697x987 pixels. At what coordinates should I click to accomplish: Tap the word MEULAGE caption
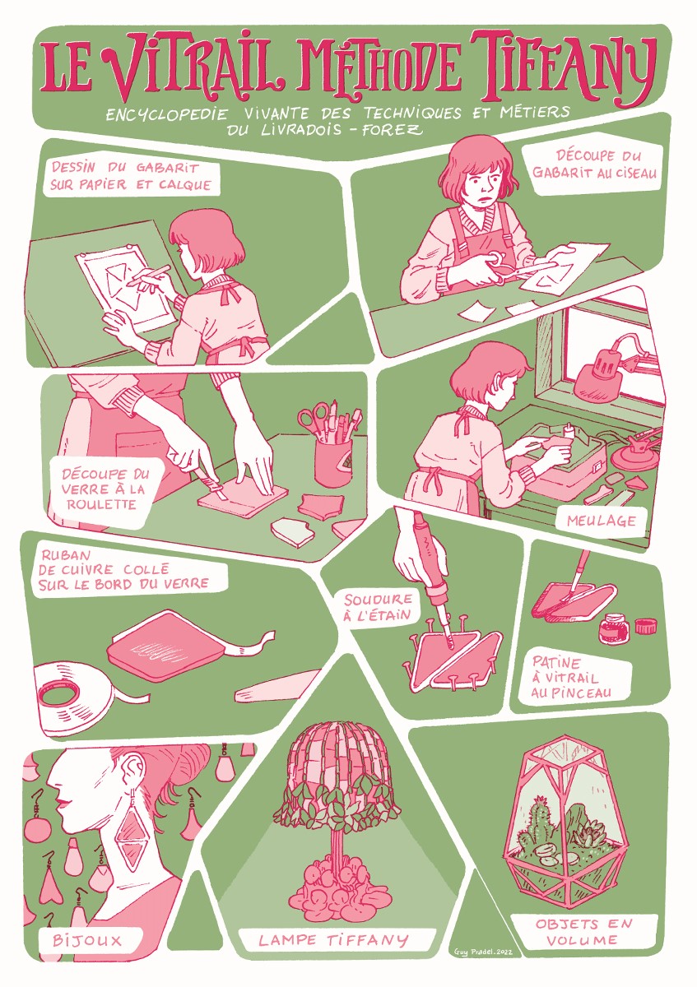[602, 521]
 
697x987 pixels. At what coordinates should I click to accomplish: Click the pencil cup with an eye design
[333, 462]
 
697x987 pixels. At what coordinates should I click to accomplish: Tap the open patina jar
[613, 628]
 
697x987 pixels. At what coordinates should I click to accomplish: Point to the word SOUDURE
[378, 600]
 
